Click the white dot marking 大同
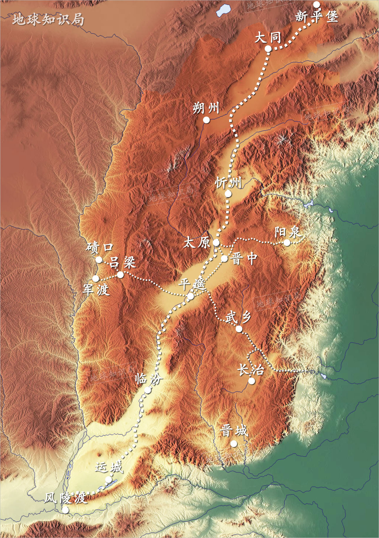pyautogui.click(x=268, y=49)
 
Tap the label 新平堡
pyautogui.click(x=316, y=16)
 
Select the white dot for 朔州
pyautogui.click(x=206, y=120)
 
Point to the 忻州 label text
pyautogui.click(x=228, y=183)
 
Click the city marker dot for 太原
pyautogui.click(x=216, y=243)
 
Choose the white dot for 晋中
pyautogui.click(x=224, y=259)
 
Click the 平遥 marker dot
pyautogui.click(x=190, y=296)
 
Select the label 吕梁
pyautogui.click(x=123, y=262)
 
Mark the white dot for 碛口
pyautogui.click(x=99, y=260)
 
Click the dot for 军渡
pyautogui.click(x=95, y=278)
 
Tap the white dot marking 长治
pyautogui.click(x=251, y=381)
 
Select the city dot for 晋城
pyautogui.click(x=234, y=443)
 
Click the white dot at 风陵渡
pyautogui.click(x=66, y=509)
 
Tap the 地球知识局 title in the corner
pyautogui.click(x=48, y=20)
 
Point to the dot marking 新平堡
pyautogui.click(x=316, y=4)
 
